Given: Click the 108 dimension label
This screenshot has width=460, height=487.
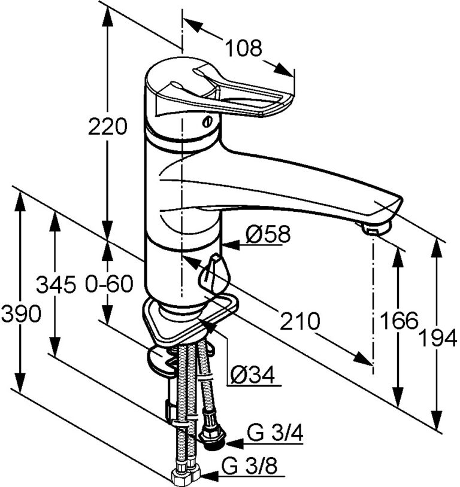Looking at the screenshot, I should [244, 48].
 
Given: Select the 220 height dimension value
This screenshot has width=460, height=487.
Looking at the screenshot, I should [108, 127].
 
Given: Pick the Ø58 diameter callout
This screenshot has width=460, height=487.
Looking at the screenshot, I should [268, 235].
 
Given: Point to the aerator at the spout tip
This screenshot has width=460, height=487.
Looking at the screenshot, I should [375, 229].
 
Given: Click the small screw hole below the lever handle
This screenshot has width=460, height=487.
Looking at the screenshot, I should [208, 122].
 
